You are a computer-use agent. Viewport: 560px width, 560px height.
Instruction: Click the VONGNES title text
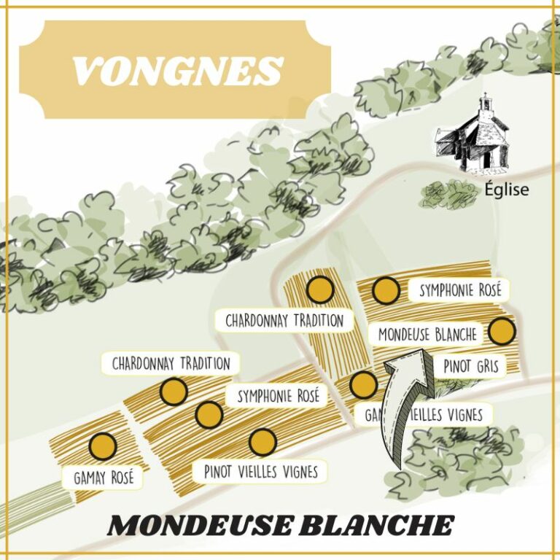coord(177,71)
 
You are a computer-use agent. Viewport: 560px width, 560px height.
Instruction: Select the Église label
coord(507,191)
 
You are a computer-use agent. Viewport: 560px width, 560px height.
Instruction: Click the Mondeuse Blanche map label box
coord(427,334)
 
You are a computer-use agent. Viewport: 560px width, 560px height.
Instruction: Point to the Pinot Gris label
coord(470,366)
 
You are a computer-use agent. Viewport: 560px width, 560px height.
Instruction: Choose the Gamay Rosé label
coord(104,478)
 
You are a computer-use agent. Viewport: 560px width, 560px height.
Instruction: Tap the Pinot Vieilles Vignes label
coord(261,471)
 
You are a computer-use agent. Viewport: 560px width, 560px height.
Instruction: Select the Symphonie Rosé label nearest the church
coord(460,290)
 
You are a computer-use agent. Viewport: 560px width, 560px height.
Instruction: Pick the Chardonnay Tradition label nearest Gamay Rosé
coord(171,363)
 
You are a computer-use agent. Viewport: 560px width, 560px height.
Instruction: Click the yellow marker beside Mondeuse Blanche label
coord(502,332)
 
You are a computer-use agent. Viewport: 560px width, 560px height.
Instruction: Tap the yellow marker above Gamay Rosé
coord(103,446)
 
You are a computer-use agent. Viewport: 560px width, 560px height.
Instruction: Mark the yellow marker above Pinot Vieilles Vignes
coord(262,441)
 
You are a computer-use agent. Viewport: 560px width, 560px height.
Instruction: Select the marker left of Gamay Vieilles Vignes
coord(362,384)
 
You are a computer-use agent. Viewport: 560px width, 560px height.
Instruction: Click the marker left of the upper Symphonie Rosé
coord(386,290)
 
